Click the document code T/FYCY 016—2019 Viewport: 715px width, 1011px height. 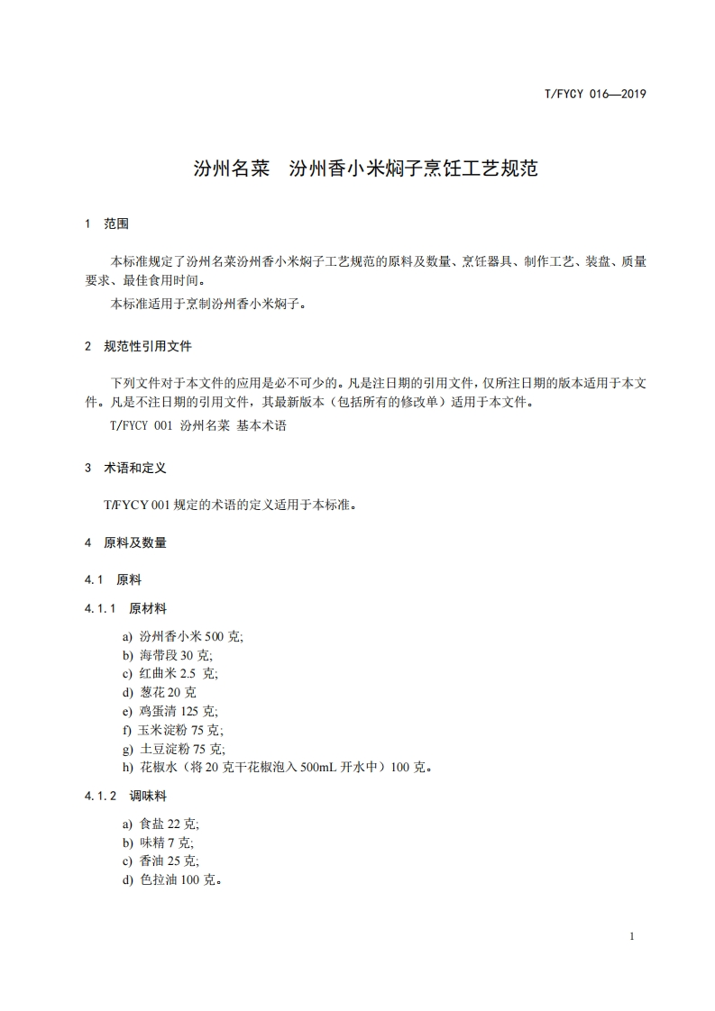coord(597,94)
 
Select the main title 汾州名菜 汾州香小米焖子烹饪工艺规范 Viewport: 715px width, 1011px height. coord(365,168)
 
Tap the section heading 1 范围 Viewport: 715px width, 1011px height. coord(107,223)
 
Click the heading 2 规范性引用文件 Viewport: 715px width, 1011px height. coord(138,346)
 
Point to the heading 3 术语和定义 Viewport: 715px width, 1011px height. coord(125,469)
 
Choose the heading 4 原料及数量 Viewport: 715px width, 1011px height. coord(125,543)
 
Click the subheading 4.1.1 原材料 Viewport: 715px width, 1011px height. coord(126,609)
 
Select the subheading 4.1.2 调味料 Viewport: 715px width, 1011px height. coord(126,797)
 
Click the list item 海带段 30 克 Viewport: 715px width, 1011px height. coord(167,655)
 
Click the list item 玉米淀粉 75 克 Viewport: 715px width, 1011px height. coord(172,731)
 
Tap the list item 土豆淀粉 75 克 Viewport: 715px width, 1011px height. coord(173,750)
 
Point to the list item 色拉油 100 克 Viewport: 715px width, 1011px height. coord(172,880)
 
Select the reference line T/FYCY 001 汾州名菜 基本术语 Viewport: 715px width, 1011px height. coord(197,426)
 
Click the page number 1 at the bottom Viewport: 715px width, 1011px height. coord(632,936)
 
